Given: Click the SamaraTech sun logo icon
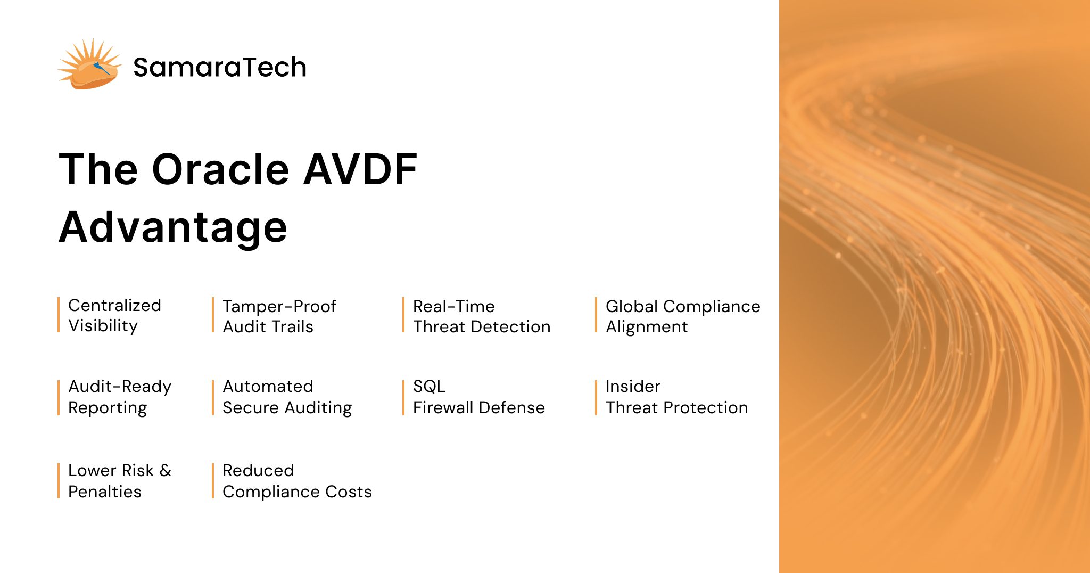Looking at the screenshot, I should [x=89, y=65].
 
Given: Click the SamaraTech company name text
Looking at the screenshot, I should [x=219, y=68].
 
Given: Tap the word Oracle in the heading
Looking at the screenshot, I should [x=220, y=170].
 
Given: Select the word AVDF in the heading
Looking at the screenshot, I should [x=360, y=170].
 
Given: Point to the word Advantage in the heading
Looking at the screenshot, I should [x=173, y=228].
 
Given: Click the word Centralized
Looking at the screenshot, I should [x=114, y=306].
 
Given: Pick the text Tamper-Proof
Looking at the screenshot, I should [x=279, y=307].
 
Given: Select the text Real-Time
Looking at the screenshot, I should [x=453, y=307].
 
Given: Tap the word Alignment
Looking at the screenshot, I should [x=646, y=327].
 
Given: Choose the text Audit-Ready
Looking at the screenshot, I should [x=120, y=387].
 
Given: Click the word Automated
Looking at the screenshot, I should [x=268, y=387].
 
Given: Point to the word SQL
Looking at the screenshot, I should [x=429, y=387].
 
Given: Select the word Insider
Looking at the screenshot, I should [x=633, y=387].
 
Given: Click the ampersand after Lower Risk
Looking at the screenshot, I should [x=166, y=471].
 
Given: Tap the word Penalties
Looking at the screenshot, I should [x=105, y=492].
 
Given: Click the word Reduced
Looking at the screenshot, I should [x=258, y=471].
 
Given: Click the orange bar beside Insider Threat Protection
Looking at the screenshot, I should [x=596, y=397].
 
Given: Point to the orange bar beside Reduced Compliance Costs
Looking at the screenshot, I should [x=213, y=481].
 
